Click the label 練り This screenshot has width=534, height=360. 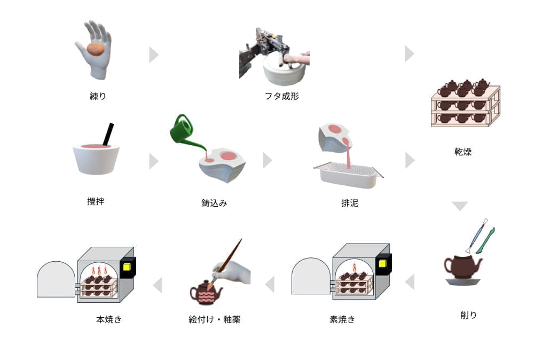(98, 97)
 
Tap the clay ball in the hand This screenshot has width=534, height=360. (96, 49)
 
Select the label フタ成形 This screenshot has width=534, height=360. (281, 97)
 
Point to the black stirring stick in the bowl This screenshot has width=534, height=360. (108, 134)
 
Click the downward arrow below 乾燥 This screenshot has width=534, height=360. (459, 206)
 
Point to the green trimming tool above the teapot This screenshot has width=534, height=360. (485, 240)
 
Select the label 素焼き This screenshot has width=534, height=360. (342, 319)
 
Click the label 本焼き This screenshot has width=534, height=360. (109, 319)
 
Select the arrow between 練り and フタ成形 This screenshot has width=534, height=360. (153, 54)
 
